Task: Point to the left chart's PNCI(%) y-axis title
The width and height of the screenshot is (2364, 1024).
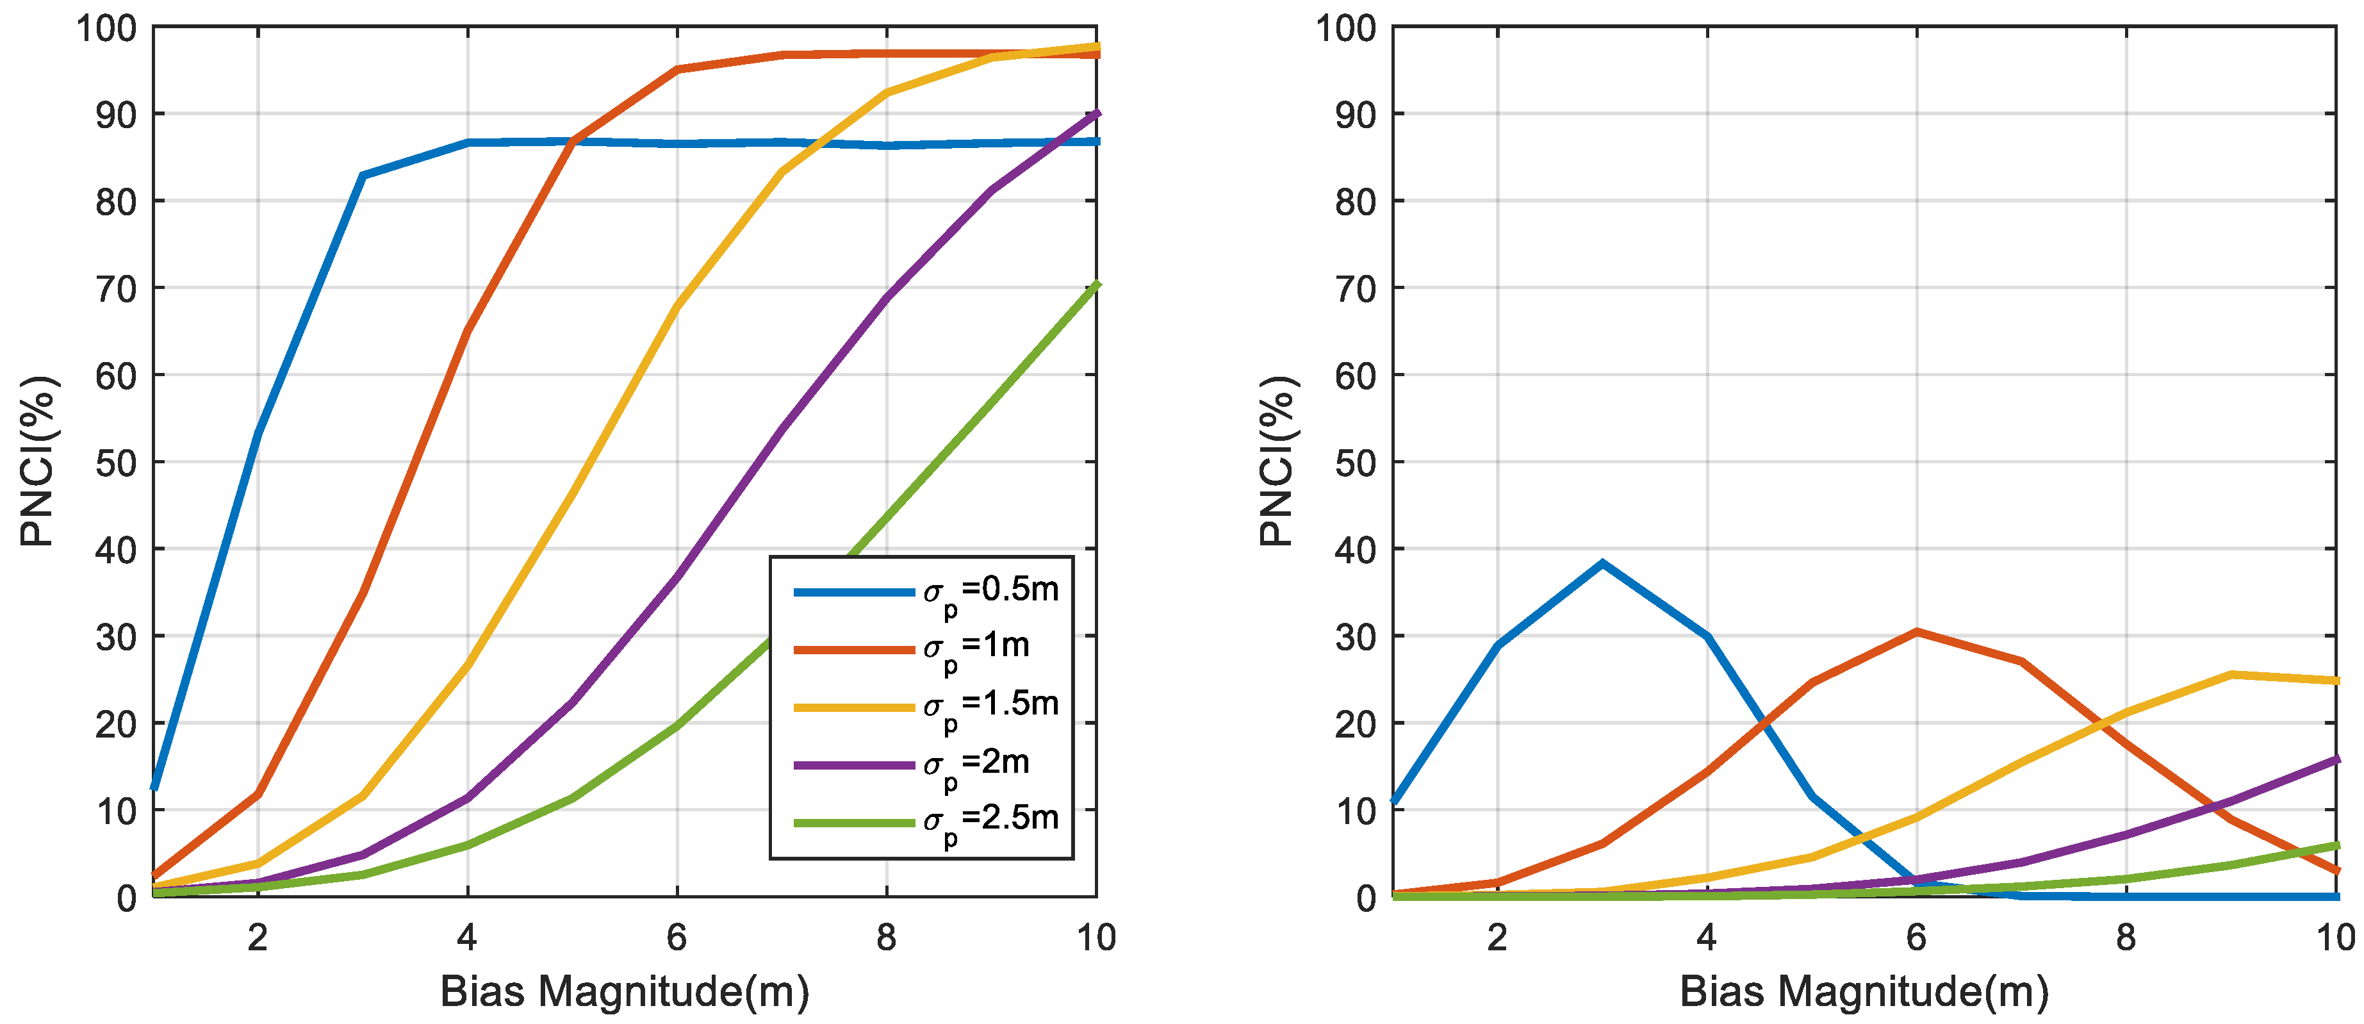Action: [x=38, y=461]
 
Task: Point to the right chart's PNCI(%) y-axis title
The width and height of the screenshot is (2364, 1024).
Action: [x=1277, y=461]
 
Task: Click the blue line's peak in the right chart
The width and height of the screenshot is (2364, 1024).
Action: [x=1602, y=563]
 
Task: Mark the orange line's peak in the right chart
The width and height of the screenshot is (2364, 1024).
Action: [x=1916, y=631]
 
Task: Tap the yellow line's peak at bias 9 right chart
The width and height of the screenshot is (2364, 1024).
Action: [x=2231, y=674]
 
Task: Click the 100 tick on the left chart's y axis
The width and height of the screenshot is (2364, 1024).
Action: [x=106, y=28]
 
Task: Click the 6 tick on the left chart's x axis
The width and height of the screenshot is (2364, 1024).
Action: [x=677, y=937]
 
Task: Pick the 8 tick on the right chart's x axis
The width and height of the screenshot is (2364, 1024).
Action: [x=2126, y=937]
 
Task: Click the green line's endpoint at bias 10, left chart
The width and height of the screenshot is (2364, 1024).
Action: [x=1096, y=285]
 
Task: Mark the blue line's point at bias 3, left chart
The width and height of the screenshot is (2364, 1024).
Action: [x=363, y=175]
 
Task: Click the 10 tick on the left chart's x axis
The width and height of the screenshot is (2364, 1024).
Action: [x=1096, y=937]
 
